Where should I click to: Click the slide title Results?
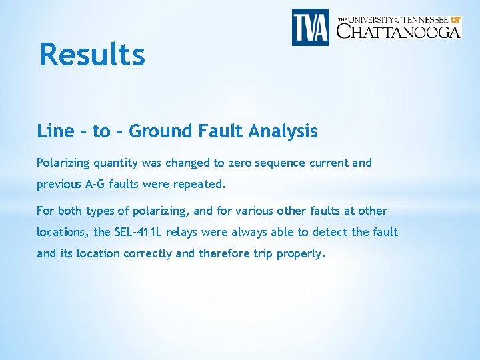(92, 55)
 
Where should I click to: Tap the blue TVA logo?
(311, 27)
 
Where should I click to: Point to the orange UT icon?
(455, 19)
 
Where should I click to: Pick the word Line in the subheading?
(55, 131)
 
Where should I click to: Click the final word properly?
(299, 253)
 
